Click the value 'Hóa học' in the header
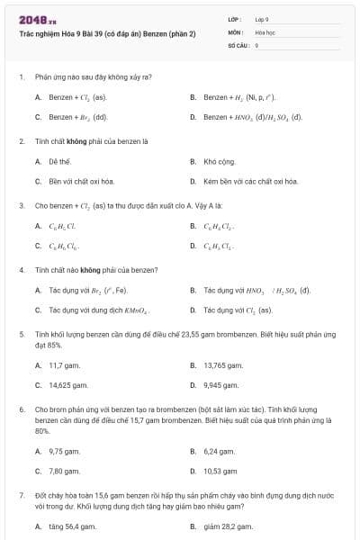coord(263,31)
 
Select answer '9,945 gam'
coord(220,384)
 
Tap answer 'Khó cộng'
coord(218,162)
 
